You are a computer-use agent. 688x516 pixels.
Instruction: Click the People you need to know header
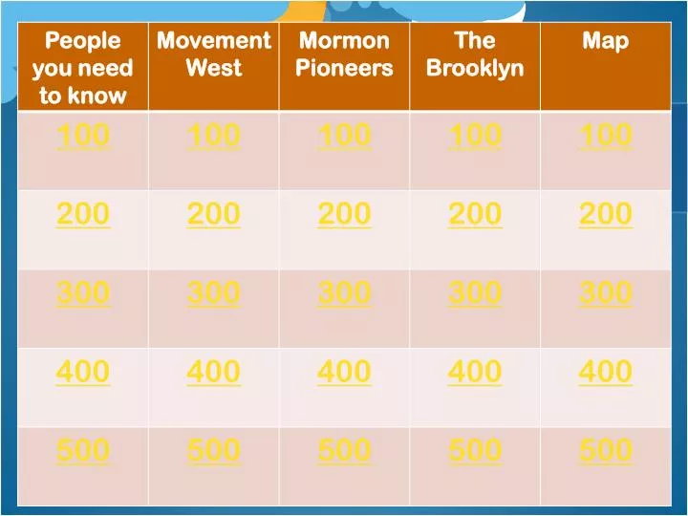[x=83, y=68]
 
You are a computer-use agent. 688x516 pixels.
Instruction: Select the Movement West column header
[x=214, y=54]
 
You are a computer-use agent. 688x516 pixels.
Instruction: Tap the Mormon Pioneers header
[x=344, y=54]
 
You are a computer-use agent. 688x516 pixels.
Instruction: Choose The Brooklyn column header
[x=475, y=54]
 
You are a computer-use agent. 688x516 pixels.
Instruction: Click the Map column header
[x=606, y=41]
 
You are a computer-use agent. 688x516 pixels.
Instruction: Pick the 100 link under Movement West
[x=214, y=137]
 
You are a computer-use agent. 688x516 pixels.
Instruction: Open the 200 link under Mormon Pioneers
[x=344, y=215]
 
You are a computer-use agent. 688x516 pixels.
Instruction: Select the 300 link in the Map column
[x=606, y=293]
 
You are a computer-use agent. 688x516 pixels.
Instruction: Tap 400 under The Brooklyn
[x=475, y=372]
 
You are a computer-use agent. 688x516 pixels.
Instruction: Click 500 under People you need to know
[x=83, y=450]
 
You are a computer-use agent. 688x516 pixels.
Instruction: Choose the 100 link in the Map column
[x=606, y=137]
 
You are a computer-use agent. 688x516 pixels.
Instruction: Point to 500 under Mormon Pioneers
[x=344, y=450]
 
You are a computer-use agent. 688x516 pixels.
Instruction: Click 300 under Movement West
[x=214, y=293]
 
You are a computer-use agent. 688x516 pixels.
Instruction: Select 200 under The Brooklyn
[x=475, y=215]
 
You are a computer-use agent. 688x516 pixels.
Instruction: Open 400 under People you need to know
[x=83, y=372]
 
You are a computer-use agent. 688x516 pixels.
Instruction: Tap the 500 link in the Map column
[x=606, y=450]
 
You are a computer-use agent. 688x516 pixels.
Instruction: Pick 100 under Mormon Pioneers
[x=344, y=137]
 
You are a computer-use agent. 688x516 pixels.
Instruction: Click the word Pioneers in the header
[x=344, y=69]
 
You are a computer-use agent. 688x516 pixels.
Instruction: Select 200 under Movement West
[x=214, y=215]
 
